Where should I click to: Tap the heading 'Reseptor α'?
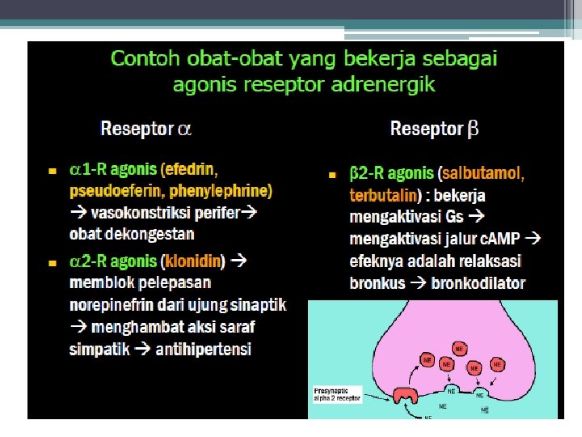point(145,128)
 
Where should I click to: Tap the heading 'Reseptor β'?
point(434,128)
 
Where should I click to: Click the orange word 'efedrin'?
point(192,170)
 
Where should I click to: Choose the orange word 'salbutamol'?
point(484,174)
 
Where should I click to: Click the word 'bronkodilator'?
point(479,283)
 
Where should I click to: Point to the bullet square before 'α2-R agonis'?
point(51,263)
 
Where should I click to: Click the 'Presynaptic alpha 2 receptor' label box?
point(337,397)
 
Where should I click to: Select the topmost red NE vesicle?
point(459,349)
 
